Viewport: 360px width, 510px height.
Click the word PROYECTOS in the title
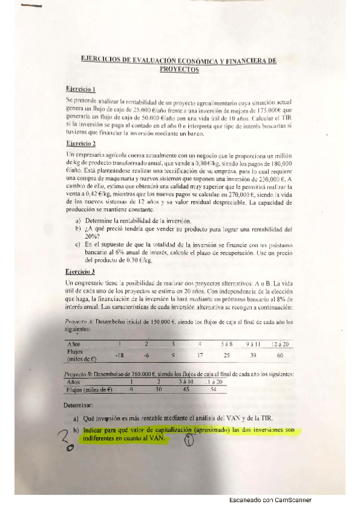[x=179, y=70]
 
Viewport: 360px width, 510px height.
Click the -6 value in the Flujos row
[x=145, y=355]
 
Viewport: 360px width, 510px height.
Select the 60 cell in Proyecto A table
[x=279, y=355]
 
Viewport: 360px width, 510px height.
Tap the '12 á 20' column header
[x=279, y=343]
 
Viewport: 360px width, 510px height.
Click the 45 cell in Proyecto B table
[x=185, y=389]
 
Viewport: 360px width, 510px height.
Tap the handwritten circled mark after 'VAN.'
[x=189, y=441]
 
